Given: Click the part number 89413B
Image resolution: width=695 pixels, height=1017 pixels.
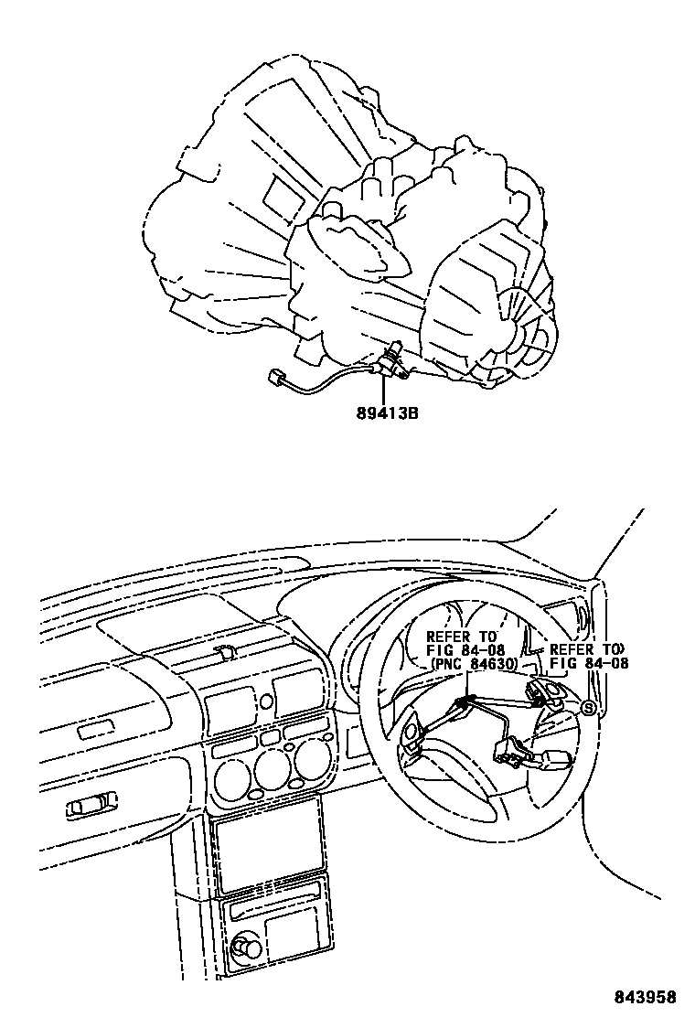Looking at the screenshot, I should coord(388,412).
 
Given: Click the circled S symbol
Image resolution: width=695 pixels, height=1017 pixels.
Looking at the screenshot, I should coord(589,707).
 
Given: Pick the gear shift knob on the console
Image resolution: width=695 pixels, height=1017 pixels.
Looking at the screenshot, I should coord(244,948).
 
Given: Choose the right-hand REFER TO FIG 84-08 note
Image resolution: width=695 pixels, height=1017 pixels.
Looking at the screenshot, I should coord(588,658).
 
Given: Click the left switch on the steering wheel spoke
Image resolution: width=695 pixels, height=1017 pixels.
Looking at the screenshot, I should coord(412,737).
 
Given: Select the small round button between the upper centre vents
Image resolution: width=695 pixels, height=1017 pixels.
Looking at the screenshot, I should coord(266,701).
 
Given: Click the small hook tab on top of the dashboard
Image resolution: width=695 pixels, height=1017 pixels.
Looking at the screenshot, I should coord(222,651).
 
